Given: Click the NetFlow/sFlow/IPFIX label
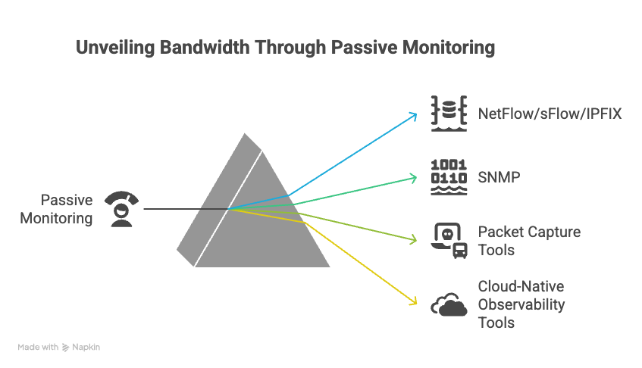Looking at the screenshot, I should pos(550,114).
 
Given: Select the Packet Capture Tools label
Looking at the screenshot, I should pos(529,241).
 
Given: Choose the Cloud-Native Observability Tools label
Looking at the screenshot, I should pos(521,304).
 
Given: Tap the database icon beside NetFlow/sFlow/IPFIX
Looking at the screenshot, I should pos(448,114).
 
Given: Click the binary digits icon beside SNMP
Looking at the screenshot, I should pos(448,177).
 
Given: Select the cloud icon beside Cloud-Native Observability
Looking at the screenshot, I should pos(448,304).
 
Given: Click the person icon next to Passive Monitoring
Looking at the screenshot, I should pos(123,209).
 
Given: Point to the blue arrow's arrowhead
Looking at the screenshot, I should pos(414,115).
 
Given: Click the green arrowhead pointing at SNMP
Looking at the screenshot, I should pos(414,178).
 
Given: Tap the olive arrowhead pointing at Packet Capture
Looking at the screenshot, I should pos(414,241).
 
